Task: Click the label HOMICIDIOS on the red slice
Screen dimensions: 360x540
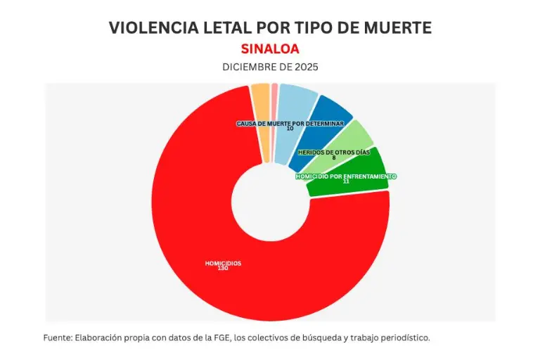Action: (x=223, y=263)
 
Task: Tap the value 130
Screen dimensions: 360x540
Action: (x=223, y=269)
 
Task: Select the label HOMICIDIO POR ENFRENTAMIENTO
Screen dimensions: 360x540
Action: (x=346, y=176)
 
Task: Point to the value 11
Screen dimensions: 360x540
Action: (x=346, y=181)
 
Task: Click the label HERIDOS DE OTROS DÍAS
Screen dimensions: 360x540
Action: (x=334, y=152)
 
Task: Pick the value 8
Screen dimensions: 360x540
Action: (x=334, y=157)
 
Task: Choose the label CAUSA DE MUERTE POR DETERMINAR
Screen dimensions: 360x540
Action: (x=290, y=123)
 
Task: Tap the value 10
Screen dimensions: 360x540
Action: (x=290, y=129)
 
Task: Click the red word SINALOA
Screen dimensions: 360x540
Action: (x=270, y=49)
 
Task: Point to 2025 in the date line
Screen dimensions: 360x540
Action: (x=304, y=67)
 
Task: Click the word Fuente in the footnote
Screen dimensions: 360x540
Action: (x=57, y=337)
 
